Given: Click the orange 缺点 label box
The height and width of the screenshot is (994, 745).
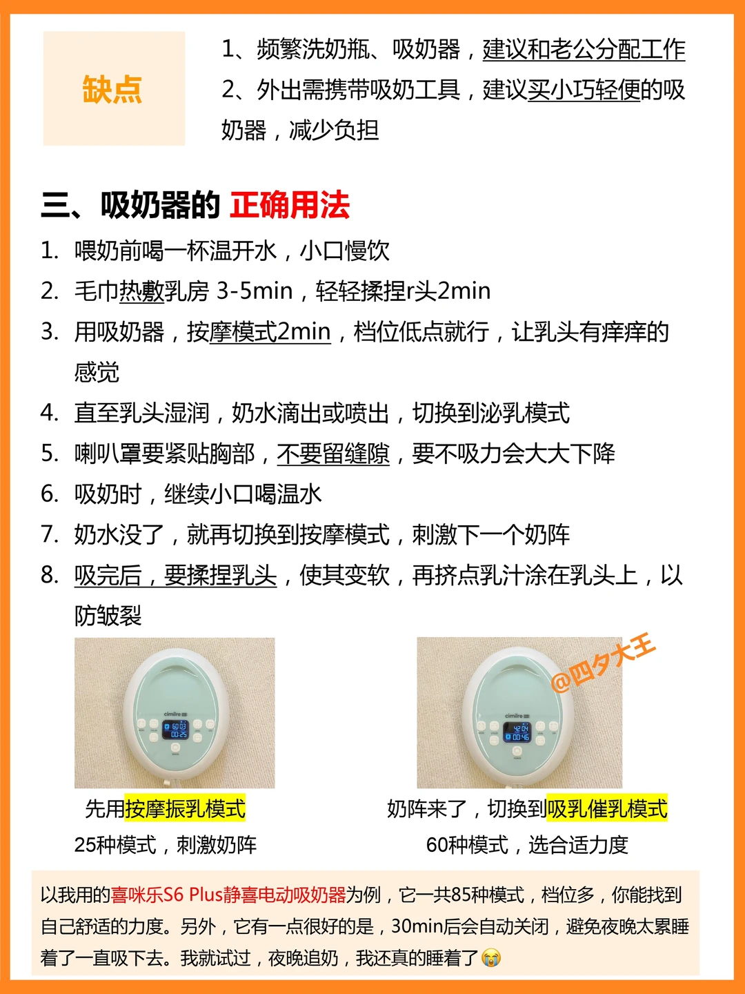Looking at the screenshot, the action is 114,88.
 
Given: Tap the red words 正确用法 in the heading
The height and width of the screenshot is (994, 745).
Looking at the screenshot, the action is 290,206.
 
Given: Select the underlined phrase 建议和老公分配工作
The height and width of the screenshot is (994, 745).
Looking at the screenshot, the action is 584,50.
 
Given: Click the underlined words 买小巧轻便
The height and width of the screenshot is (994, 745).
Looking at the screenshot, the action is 584,90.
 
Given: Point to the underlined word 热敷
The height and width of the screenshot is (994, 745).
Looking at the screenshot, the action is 141,291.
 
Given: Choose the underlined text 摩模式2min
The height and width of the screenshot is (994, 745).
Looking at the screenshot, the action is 270,332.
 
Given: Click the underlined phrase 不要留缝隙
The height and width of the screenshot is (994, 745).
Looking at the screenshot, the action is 333,454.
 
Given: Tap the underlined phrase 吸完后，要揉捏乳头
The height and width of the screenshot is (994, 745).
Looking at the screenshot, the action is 175,576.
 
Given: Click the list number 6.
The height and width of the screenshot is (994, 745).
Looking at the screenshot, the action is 49,494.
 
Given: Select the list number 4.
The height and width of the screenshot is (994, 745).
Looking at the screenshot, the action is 49,413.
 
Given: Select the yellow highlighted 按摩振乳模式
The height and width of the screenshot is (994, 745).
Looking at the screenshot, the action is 185,808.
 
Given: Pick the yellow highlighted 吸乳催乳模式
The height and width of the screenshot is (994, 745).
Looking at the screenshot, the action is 607,808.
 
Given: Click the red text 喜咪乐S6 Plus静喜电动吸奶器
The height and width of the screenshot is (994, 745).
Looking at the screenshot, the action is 228,895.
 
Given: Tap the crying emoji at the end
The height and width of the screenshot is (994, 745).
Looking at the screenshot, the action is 490,958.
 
